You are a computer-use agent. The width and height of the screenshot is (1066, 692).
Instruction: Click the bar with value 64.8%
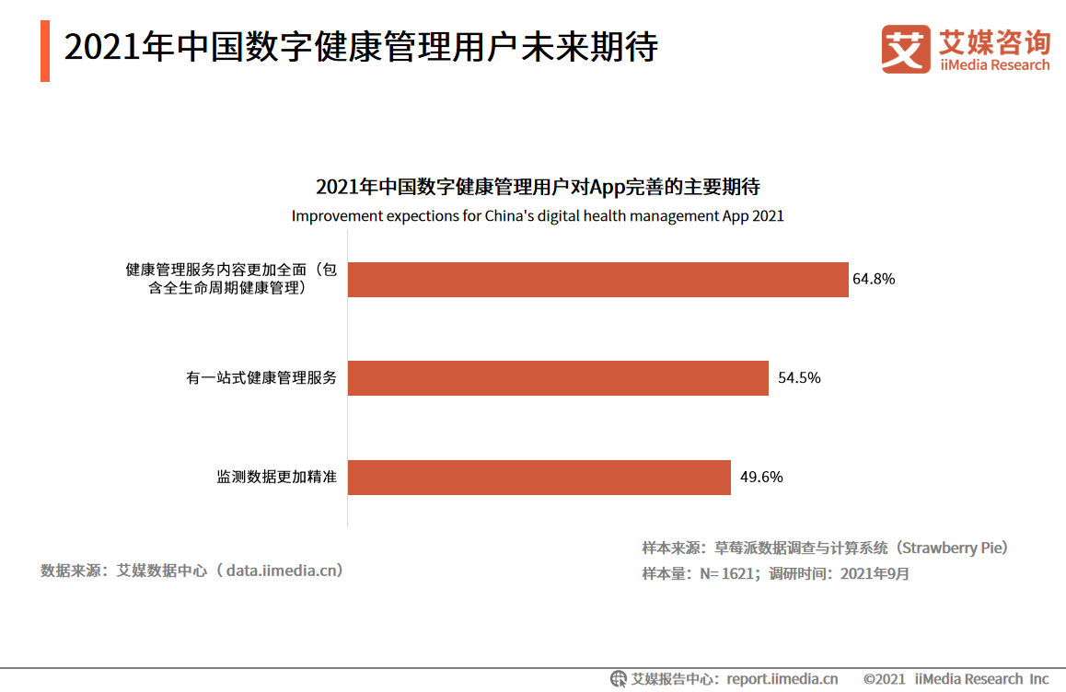tap(597, 280)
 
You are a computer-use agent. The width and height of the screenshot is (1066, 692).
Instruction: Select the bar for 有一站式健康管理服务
tap(558, 378)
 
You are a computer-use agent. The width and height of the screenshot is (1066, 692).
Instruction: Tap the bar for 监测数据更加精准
tap(539, 478)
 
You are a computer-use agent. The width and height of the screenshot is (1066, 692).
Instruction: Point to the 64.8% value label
tap(874, 279)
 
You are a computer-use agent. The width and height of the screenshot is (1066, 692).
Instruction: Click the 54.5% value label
tap(799, 378)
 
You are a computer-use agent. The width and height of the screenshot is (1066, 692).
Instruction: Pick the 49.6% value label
tap(761, 477)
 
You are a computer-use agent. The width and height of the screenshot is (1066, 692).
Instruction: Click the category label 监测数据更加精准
tap(276, 478)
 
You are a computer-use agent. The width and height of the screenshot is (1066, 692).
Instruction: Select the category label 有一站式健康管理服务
tap(261, 378)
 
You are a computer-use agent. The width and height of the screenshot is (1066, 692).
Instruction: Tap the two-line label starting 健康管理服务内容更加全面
tap(232, 279)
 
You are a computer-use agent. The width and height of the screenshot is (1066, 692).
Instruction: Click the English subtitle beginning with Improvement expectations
tap(538, 215)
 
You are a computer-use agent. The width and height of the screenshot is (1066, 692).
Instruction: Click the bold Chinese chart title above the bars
tap(538, 187)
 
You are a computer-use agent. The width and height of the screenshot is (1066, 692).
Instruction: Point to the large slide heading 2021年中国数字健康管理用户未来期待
tap(361, 48)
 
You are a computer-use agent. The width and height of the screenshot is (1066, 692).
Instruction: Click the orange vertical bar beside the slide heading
tap(45, 52)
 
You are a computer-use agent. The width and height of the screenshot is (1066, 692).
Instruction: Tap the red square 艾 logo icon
tap(906, 49)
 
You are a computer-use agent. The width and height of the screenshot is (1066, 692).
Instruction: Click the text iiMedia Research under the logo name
tap(994, 65)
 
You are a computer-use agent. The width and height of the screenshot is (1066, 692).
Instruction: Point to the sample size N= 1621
tap(728, 574)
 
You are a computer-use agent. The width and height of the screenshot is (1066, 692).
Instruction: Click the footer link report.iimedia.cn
tap(782, 679)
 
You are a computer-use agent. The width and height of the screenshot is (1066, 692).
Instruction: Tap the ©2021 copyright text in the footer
tap(884, 679)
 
